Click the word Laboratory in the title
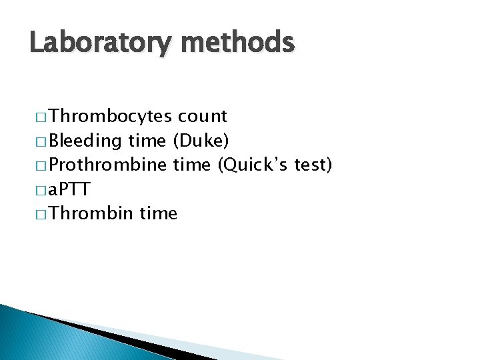point(99,43)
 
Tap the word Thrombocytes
point(111,117)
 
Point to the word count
point(203,117)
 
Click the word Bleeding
point(85,141)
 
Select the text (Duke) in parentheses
point(201,141)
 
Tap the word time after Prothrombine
point(193,165)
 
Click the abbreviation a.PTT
point(69,190)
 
